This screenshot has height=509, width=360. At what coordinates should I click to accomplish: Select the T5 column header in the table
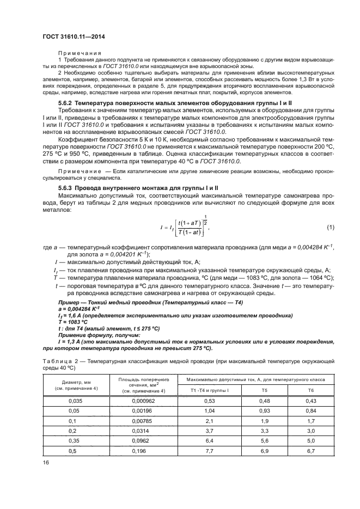[264, 391]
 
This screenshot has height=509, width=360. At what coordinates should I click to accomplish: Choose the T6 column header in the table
[311, 391]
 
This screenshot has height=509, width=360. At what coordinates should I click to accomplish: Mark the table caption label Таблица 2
[61, 361]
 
